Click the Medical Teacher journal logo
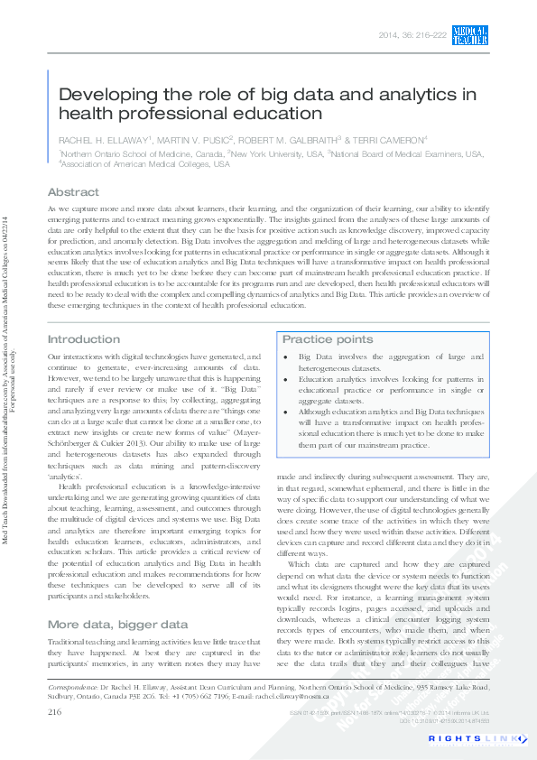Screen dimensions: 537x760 point(470,35)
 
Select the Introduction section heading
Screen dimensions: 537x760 point(83,339)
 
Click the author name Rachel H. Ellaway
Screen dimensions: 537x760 point(105,140)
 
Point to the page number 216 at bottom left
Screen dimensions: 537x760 point(54,713)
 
